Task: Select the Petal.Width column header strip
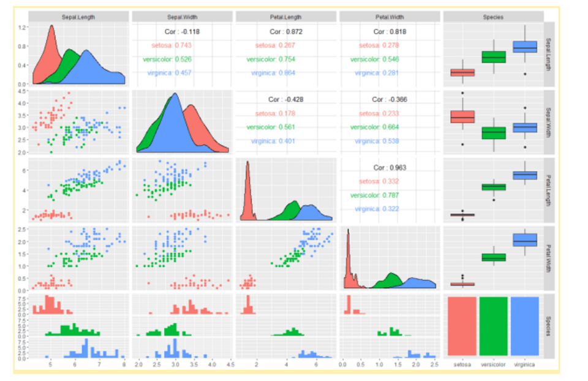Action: (390, 17)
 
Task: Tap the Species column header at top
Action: (493, 17)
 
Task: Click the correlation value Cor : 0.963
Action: (390, 167)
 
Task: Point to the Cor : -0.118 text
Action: (182, 31)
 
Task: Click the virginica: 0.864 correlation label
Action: (273, 73)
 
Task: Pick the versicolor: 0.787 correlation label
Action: (374, 195)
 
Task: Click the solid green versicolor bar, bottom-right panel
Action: (493, 326)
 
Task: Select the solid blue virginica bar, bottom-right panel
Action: (524, 326)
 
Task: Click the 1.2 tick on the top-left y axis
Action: (21, 28)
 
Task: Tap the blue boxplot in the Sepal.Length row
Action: (524, 47)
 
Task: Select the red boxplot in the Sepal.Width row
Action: (462, 116)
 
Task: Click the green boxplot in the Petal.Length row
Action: (493, 186)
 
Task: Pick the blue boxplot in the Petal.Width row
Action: (524, 240)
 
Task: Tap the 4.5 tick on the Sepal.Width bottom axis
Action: (230, 364)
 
